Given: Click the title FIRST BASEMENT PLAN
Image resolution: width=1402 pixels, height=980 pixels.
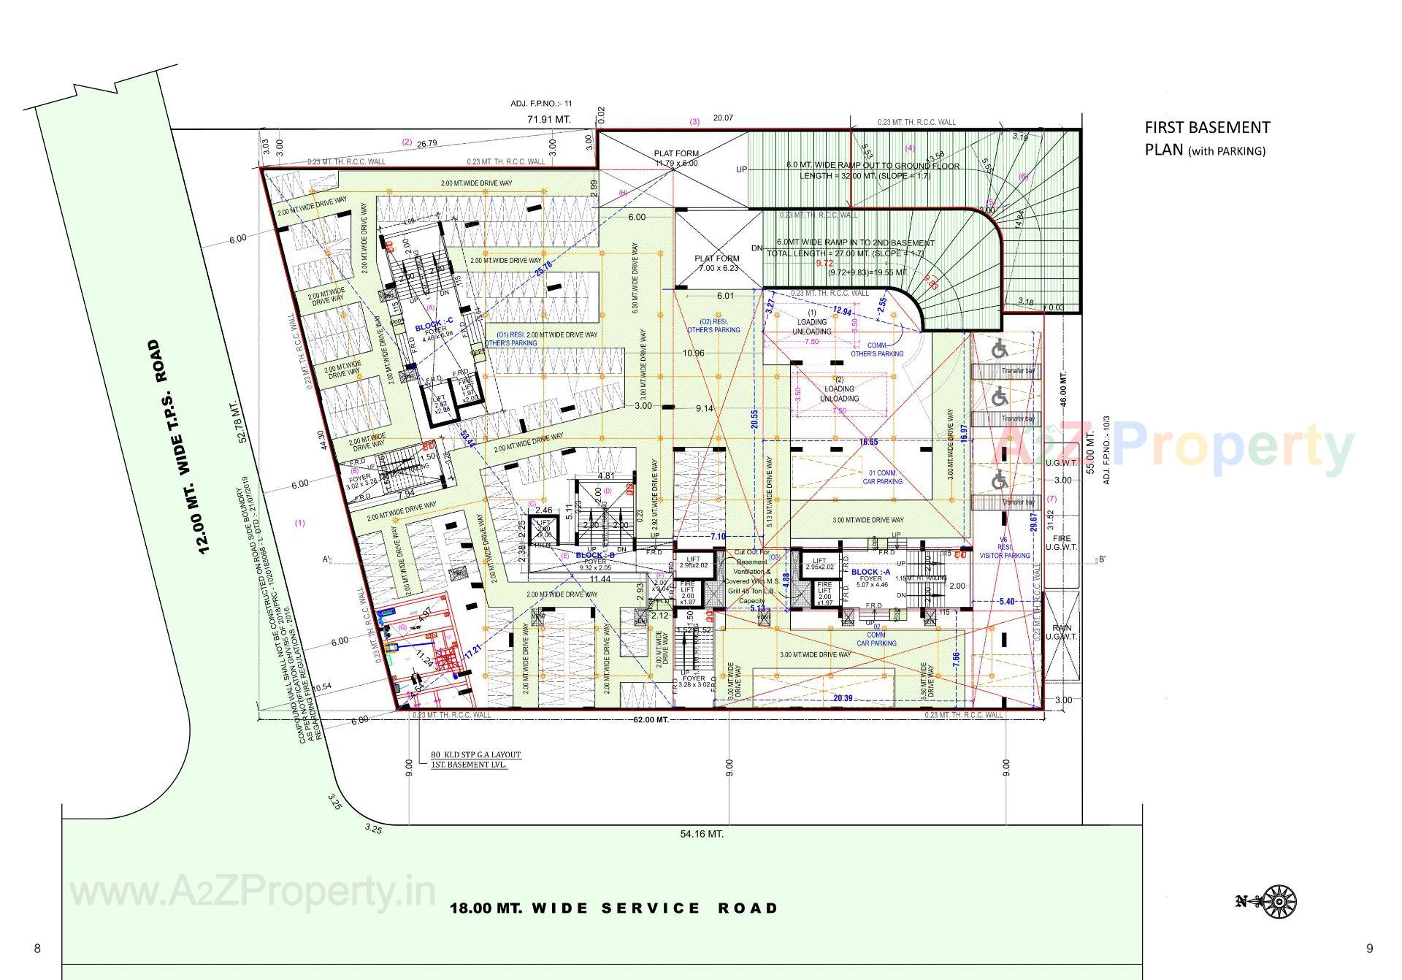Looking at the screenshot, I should [1207, 138].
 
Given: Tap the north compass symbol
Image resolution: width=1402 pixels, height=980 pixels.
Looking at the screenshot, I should [1278, 901].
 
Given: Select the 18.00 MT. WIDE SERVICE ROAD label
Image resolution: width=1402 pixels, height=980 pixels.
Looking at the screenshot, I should [613, 908].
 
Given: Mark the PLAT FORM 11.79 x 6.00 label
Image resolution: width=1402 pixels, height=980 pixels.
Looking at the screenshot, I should [675, 158].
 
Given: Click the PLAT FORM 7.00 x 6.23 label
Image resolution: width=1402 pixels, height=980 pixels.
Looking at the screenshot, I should [716, 263].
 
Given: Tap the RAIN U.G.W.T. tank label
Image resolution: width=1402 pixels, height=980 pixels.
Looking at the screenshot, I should [1061, 632].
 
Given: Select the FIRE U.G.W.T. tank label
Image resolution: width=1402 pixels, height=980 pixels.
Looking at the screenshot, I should [1061, 543].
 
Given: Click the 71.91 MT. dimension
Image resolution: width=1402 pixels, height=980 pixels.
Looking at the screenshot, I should [549, 118].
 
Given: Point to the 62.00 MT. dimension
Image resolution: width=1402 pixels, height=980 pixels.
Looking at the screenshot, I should [651, 720].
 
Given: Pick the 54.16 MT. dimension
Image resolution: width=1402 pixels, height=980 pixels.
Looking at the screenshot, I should [701, 833].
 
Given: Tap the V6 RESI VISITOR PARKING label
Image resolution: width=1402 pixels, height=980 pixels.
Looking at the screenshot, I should [1005, 551].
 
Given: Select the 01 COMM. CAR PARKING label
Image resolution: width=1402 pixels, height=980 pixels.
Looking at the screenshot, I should [882, 477].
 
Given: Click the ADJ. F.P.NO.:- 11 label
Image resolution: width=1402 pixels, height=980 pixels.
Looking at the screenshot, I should [541, 104].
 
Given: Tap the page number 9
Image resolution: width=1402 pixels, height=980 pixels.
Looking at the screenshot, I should [1369, 949].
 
